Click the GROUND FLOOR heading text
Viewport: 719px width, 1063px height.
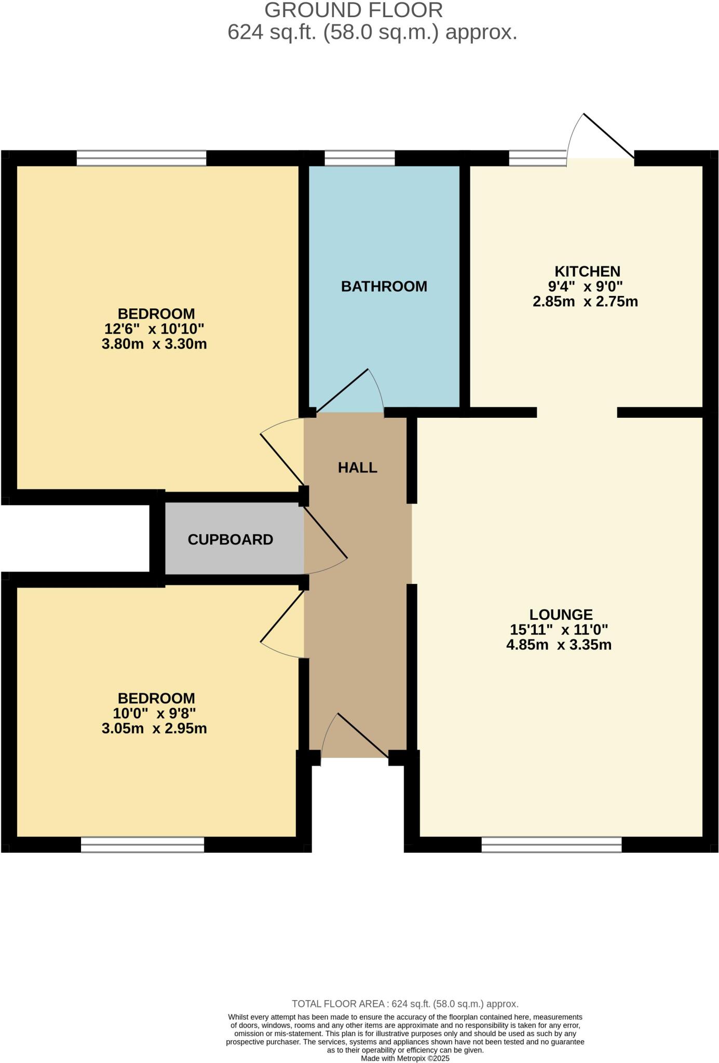pos(354,10)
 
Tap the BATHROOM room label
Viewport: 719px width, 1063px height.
pos(384,287)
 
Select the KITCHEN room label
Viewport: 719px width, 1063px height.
pos(587,271)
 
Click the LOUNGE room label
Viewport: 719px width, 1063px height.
pos(561,615)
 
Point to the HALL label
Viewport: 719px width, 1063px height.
pos(357,468)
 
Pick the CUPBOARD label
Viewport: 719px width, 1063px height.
pos(230,540)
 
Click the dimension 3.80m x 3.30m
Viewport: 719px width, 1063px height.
pos(154,344)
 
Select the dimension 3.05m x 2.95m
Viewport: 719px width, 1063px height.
pos(154,728)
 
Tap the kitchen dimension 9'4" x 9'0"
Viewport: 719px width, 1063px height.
pos(585,286)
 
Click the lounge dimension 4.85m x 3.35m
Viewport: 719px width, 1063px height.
pos(559,645)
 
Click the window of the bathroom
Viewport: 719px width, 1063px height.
pos(359,158)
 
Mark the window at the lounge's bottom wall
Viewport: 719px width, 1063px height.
pos(551,844)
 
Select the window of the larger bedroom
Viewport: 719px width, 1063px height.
pos(141,158)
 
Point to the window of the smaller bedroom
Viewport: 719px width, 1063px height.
pos(142,844)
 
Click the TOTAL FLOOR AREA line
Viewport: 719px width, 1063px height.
pos(405,1004)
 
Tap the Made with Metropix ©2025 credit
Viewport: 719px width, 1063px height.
pos(405,1058)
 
